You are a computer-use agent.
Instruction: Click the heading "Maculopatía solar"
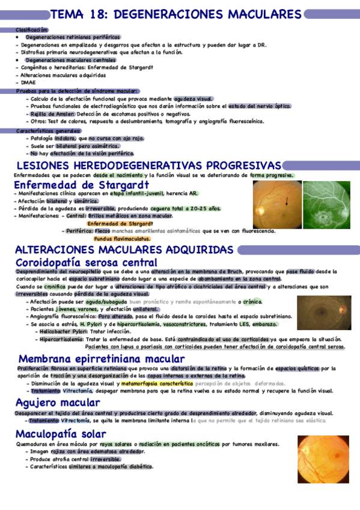(61, 434)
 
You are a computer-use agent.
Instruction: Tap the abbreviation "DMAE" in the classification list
(28, 82)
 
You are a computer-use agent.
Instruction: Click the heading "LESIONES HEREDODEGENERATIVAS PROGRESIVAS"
(148, 165)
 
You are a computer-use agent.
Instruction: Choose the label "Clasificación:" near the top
(32, 29)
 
